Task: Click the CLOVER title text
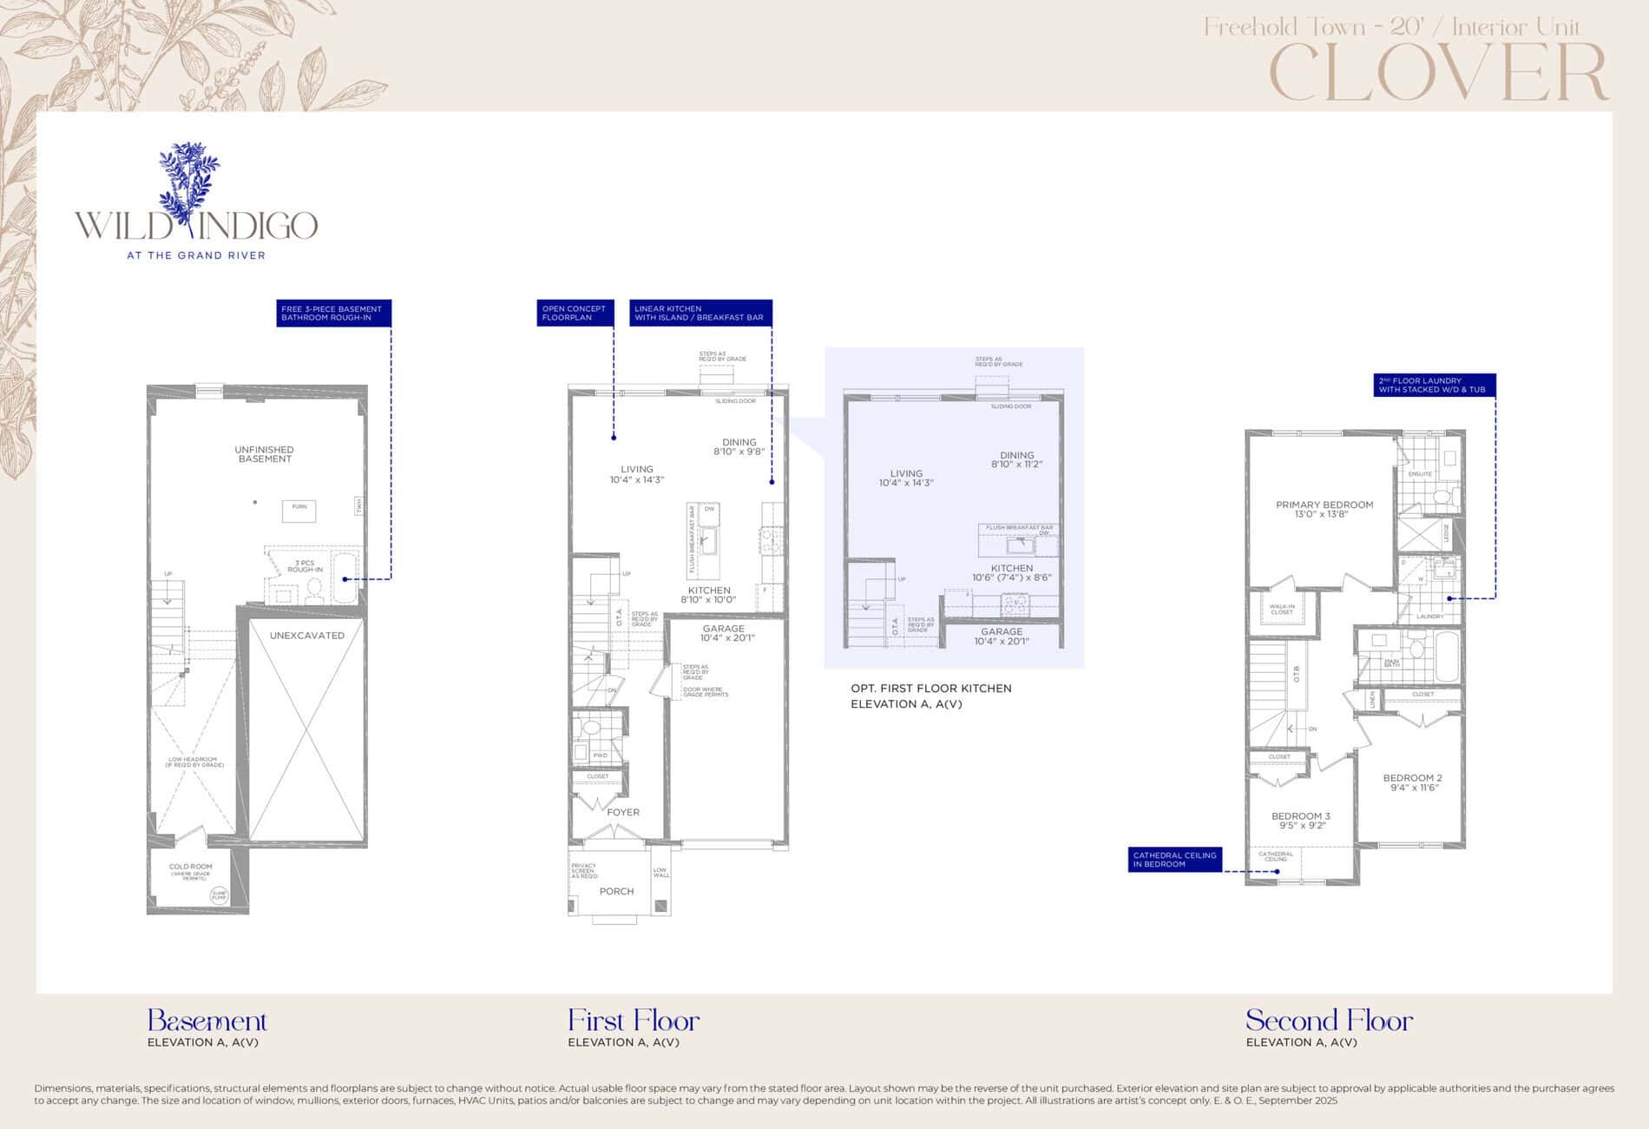pyautogui.click(x=1438, y=73)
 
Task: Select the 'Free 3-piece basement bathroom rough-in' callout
pyautogui.click(x=333, y=313)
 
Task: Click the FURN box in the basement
pyautogui.click(x=299, y=510)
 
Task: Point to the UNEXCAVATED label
pyautogui.click(x=306, y=636)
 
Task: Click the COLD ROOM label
pyautogui.click(x=190, y=868)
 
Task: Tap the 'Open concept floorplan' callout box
pyautogui.click(x=575, y=313)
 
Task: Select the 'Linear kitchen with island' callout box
pyautogui.click(x=700, y=313)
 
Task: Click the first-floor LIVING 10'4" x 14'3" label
pyautogui.click(x=636, y=474)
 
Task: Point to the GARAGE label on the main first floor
pyautogui.click(x=725, y=633)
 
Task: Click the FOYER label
pyautogui.click(x=623, y=813)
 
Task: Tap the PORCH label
pyautogui.click(x=616, y=892)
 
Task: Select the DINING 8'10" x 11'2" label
pyautogui.click(x=1016, y=459)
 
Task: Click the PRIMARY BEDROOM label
pyautogui.click(x=1324, y=509)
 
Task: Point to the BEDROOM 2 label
pyautogui.click(x=1412, y=782)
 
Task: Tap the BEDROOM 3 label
pyautogui.click(x=1300, y=821)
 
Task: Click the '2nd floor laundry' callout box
pyautogui.click(x=1434, y=385)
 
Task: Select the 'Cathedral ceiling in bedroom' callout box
pyautogui.click(x=1175, y=859)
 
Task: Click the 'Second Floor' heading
pyautogui.click(x=1329, y=1020)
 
